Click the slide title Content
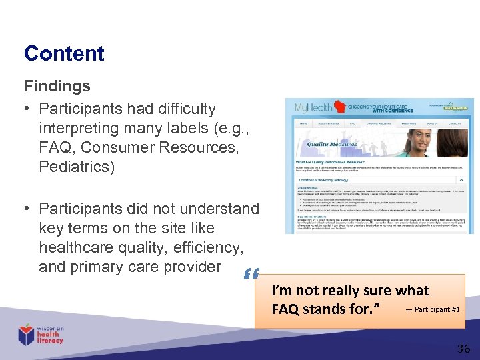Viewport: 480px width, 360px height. coord(64,54)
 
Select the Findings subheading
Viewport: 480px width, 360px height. coord(57,86)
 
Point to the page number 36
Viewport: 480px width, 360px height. coord(463,348)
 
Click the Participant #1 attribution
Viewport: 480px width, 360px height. coord(432,309)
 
